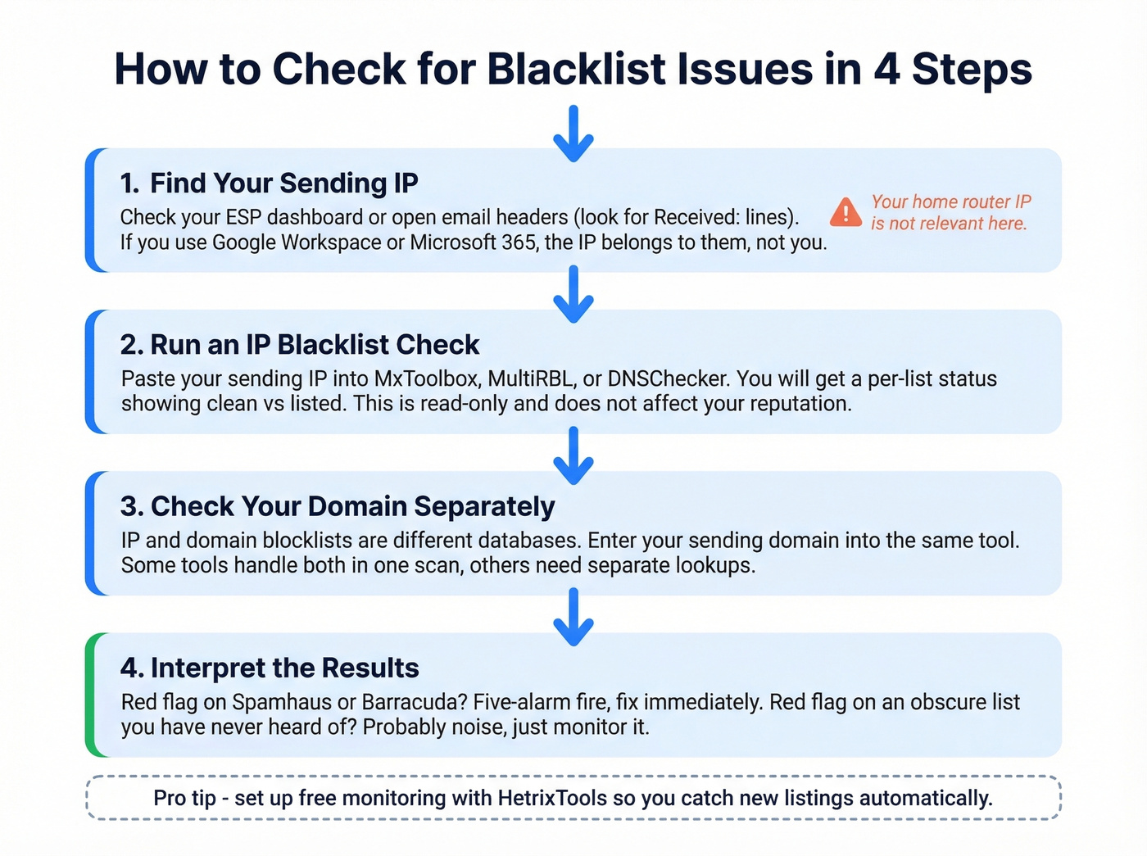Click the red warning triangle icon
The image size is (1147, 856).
846,212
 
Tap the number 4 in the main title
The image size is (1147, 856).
886,69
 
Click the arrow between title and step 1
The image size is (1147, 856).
573,134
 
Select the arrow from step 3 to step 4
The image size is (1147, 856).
573,617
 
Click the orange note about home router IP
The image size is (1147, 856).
950,212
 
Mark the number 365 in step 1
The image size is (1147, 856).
519,242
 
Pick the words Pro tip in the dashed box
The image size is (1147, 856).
184,798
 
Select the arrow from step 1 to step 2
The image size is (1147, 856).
573,294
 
